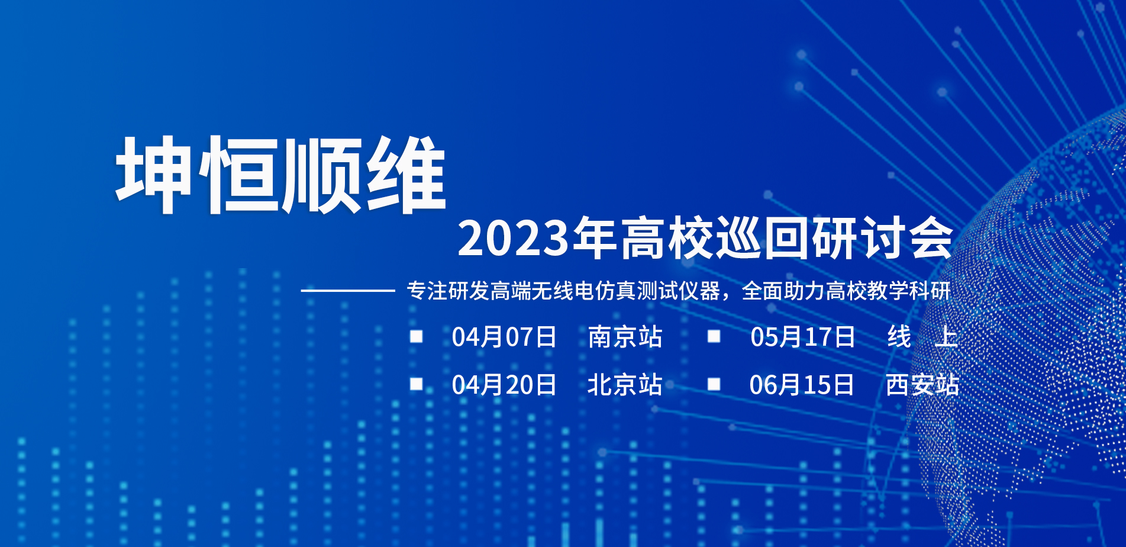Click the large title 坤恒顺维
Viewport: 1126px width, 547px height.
coord(280,175)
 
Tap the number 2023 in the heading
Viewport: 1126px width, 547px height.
coord(513,239)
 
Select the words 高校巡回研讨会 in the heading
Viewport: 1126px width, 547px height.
coord(786,238)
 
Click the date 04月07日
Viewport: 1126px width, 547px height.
coord(504,337)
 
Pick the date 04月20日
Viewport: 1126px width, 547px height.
coord(504,385)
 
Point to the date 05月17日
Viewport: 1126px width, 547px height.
coord(803,337)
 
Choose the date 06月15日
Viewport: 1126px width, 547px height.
coord(802,385)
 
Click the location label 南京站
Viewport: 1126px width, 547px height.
coord(625,337)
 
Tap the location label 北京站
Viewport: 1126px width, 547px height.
coord(625,385)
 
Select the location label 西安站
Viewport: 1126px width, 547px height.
coord(922,385)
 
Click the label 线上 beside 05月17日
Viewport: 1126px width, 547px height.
coord(922,337)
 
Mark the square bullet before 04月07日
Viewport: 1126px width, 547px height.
coord(417,336)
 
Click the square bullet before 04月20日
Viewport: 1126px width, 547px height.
coord(417,384)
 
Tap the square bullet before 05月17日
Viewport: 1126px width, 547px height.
coord(714,336)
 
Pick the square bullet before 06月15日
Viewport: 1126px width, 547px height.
coord(714,384)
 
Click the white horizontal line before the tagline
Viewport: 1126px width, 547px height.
coord(348,291)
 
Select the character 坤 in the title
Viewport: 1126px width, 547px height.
coord(153,175)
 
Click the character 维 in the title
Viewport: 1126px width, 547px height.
coord(406,175)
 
